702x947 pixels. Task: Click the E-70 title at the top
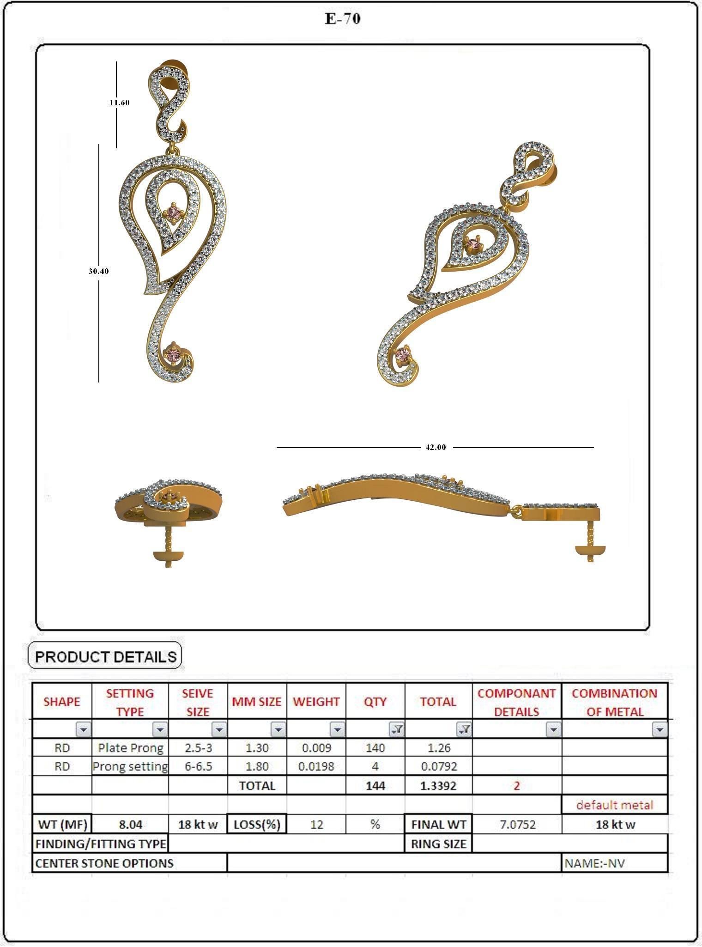click(343, 19)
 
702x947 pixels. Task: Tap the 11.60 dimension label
click(119, 103)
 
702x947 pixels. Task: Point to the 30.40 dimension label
click(98, 271)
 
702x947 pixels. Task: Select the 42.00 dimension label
click(436, 447)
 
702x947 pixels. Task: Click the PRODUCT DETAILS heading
click(105, 656)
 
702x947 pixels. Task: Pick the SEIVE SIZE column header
click(198, 702)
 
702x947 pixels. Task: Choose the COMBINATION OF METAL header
click(614, 702)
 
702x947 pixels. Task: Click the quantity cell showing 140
click(375, 747)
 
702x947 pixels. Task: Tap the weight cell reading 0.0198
click(316, 766)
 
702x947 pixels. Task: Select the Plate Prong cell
click(130, 747)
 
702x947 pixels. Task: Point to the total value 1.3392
click(438, 785)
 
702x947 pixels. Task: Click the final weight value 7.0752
click(517, 825)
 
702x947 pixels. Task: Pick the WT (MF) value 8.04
click(130, 825)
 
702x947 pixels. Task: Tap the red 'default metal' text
click(615, 805)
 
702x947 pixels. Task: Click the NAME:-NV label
click(595, 863)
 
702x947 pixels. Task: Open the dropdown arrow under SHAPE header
click(83, 729)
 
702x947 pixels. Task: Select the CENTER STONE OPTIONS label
click(104, 863)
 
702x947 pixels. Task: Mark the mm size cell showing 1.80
click(257, 766)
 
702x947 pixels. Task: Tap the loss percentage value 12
click(316, 825)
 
